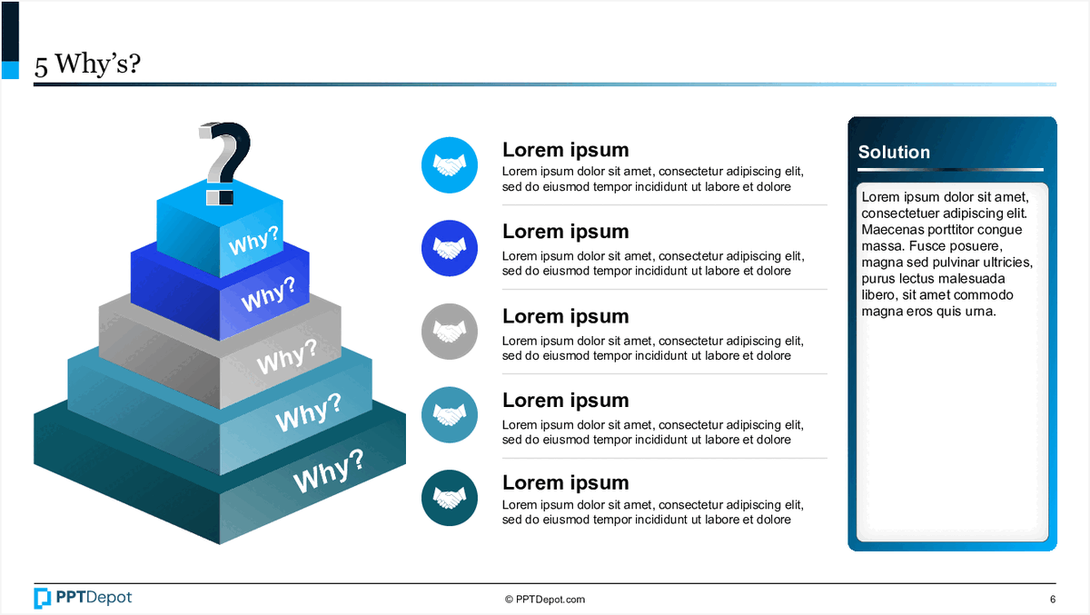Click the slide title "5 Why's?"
point(87,65)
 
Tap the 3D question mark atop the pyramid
point(223,159)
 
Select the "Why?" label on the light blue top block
point(253,243)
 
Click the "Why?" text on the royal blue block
point(269,294)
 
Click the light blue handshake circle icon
point(450,164)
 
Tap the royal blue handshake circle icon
point(450,248)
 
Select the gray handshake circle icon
point(450,332)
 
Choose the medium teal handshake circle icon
point(450,415)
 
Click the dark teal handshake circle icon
point(450,499)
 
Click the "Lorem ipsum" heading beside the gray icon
point(565,316)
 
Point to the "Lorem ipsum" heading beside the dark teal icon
point(565,482)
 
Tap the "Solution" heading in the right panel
point(894,152)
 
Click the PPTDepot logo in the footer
point(83,598)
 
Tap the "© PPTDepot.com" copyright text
point(545,600)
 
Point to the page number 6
point(1052,600)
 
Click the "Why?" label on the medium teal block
point(307,413)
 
